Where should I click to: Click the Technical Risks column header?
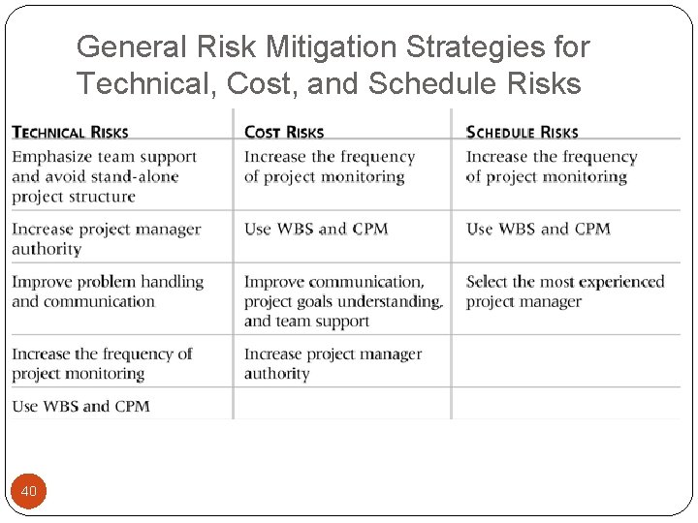[x=70, y=132]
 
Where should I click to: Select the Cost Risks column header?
[x=284, y=132]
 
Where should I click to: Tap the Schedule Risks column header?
[x=522, y=132]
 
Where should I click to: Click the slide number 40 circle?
[x=29, y=491]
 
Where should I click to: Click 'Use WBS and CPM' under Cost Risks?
[x=315, y=230]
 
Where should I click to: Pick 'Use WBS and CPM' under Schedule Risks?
[x=538, y=230]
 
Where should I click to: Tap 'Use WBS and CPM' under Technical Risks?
[x=80, y=406]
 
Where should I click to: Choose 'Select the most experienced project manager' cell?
[x=564, y=292]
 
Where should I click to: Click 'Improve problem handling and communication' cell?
[x=107, y=292]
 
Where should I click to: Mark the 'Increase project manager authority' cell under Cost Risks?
[x=333, y=363]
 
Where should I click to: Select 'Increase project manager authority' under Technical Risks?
[x=106, y=239]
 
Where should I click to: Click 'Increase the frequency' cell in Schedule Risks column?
[x=551, y=167]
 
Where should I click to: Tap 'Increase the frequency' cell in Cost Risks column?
[x=329, y=167]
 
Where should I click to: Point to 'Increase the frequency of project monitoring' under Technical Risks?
[x=102, y=363]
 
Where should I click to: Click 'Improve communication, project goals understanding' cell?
[x=342, y=301]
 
